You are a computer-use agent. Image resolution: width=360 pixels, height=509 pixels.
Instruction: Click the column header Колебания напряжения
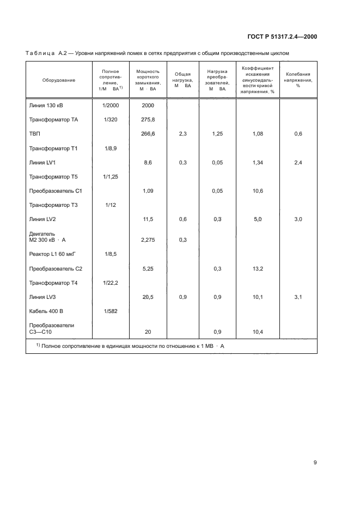point(298,80)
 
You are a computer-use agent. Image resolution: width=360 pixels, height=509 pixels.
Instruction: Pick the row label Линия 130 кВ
point(49,105)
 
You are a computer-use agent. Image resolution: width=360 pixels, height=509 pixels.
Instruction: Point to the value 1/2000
point(110,105)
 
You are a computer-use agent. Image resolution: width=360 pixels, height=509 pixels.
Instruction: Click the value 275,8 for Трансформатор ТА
point(148,119)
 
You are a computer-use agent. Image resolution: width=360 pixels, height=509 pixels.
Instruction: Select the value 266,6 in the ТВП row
point(148,133)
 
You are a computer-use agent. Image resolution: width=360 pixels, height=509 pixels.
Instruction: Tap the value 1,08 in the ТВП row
point(258,133)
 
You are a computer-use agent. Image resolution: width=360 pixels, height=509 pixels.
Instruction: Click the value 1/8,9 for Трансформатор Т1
point(110,148)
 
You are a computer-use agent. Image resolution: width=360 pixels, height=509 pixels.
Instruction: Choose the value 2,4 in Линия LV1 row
point(298,162)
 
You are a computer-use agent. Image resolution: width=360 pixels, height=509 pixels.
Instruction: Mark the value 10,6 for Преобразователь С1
point(258,191)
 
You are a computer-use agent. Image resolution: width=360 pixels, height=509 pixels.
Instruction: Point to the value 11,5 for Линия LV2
point(148,219)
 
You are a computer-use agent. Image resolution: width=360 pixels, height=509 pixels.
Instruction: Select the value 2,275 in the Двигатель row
point(148,240)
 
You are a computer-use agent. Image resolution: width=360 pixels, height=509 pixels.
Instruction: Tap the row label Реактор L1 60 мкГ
point(56,254)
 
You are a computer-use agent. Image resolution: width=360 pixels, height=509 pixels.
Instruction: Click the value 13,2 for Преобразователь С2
point(258,268)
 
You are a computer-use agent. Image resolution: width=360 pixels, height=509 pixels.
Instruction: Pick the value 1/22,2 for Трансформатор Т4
point(110,283)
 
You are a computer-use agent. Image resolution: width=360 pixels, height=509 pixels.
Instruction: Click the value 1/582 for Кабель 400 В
point(110,311)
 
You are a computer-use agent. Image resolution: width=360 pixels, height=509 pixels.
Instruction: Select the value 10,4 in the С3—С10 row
point(258,332)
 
